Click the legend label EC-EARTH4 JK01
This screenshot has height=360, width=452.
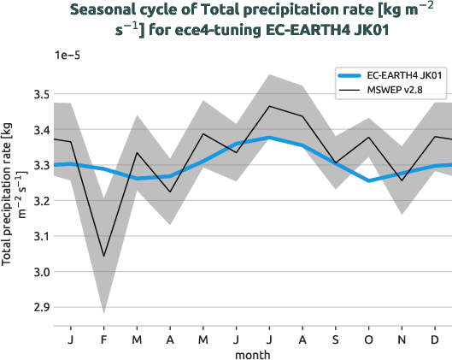tap(396, 75)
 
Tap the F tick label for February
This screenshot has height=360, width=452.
tap(104, 339)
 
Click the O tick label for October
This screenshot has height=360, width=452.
tap(368, 339)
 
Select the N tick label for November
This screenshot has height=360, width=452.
tap(402, 339)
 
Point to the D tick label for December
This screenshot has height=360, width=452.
tap(435, 339)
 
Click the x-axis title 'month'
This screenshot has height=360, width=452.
tap(253, 353)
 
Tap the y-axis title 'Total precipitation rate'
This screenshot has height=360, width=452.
tap(12, 192)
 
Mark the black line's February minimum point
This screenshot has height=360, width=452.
tap(104, 256)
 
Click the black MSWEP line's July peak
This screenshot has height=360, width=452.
tap(269, 106)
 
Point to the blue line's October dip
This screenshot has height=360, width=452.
tap(368, 180)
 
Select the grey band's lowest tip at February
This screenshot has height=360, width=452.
tap(104, 314)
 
